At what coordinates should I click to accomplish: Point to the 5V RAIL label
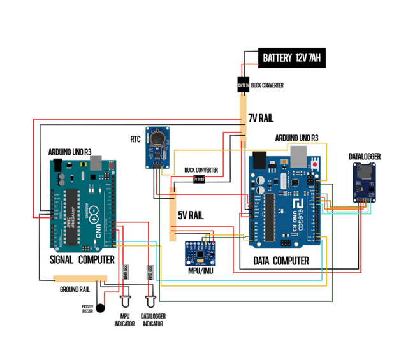[190, 215]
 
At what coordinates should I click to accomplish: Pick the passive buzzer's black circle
[99, 308]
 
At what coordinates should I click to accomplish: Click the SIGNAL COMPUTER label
[82, 260]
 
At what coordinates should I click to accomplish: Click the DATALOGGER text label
[365, 155]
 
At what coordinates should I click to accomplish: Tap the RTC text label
[135, 138]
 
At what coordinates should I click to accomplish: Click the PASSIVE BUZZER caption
[87, 308]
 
